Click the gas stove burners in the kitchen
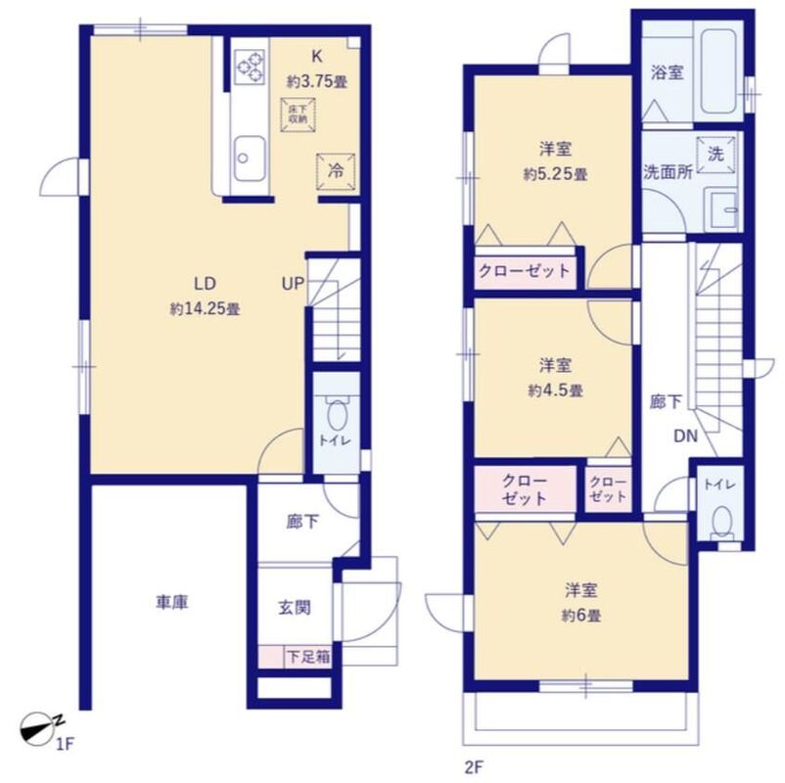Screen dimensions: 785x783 (x=250, y=67)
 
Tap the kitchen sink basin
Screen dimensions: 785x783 (x=250, y=159)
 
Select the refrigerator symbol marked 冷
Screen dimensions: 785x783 (x=336, y=171)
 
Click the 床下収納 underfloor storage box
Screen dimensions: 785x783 (x=298, y=115)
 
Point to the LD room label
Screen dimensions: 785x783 (x=205, y=284)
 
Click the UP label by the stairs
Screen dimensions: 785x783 (x=293, y=284)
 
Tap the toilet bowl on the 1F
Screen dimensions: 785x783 (x=337, y=414)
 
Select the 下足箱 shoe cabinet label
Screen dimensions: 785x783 (x=308, y=657)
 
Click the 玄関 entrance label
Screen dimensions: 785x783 (x=295, y=608)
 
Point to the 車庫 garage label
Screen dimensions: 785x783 (x=171, y=602)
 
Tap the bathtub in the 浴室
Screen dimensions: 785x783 (x=718, y=71)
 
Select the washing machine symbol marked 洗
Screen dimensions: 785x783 (x=716, y=155)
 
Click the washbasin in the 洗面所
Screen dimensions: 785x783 (x=721, y=209)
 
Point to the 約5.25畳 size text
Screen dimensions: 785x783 (x=555, y=174)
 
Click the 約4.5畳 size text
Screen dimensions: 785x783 (x=555, y=390)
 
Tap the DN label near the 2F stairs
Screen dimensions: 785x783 (x=685, y=437)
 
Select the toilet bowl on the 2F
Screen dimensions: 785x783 (x=722, y=521)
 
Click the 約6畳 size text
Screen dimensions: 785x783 (x=580, y=616)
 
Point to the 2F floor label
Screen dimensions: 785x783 (x=474, y=767)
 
